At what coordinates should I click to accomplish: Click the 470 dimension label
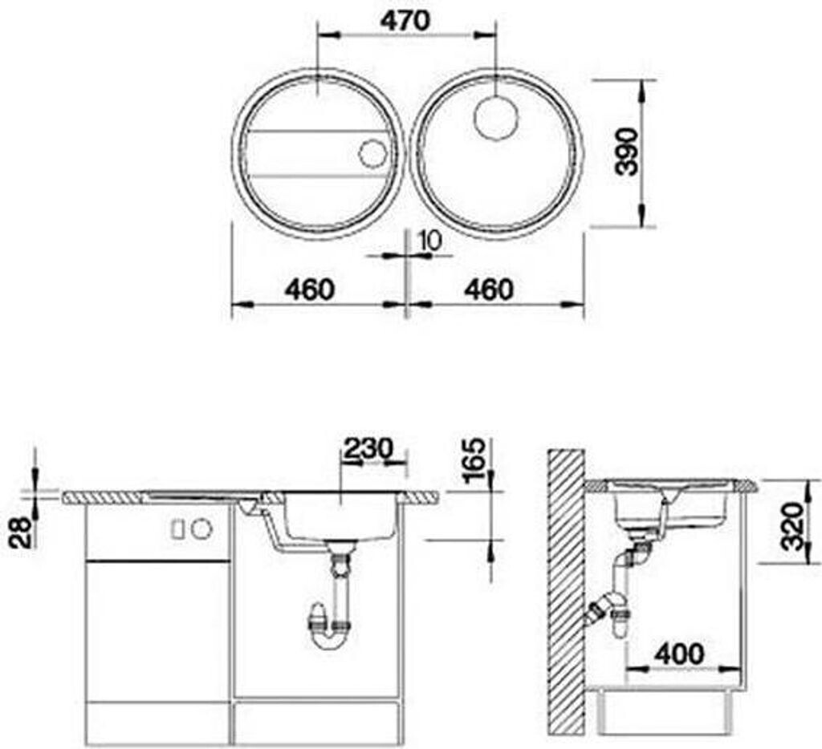pos(405,21)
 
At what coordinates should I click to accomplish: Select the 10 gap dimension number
pos(431,241)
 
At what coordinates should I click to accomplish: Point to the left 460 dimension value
pos(309,289)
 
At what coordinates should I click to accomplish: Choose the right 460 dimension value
pos(489,289)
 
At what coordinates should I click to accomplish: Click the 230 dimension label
pos(368,448)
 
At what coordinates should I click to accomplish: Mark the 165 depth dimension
pos(473,460)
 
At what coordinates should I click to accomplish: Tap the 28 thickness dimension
pos(20,532)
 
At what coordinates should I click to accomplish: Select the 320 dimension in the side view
pos(791,526)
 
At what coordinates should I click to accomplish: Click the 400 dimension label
pos(679,654)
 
